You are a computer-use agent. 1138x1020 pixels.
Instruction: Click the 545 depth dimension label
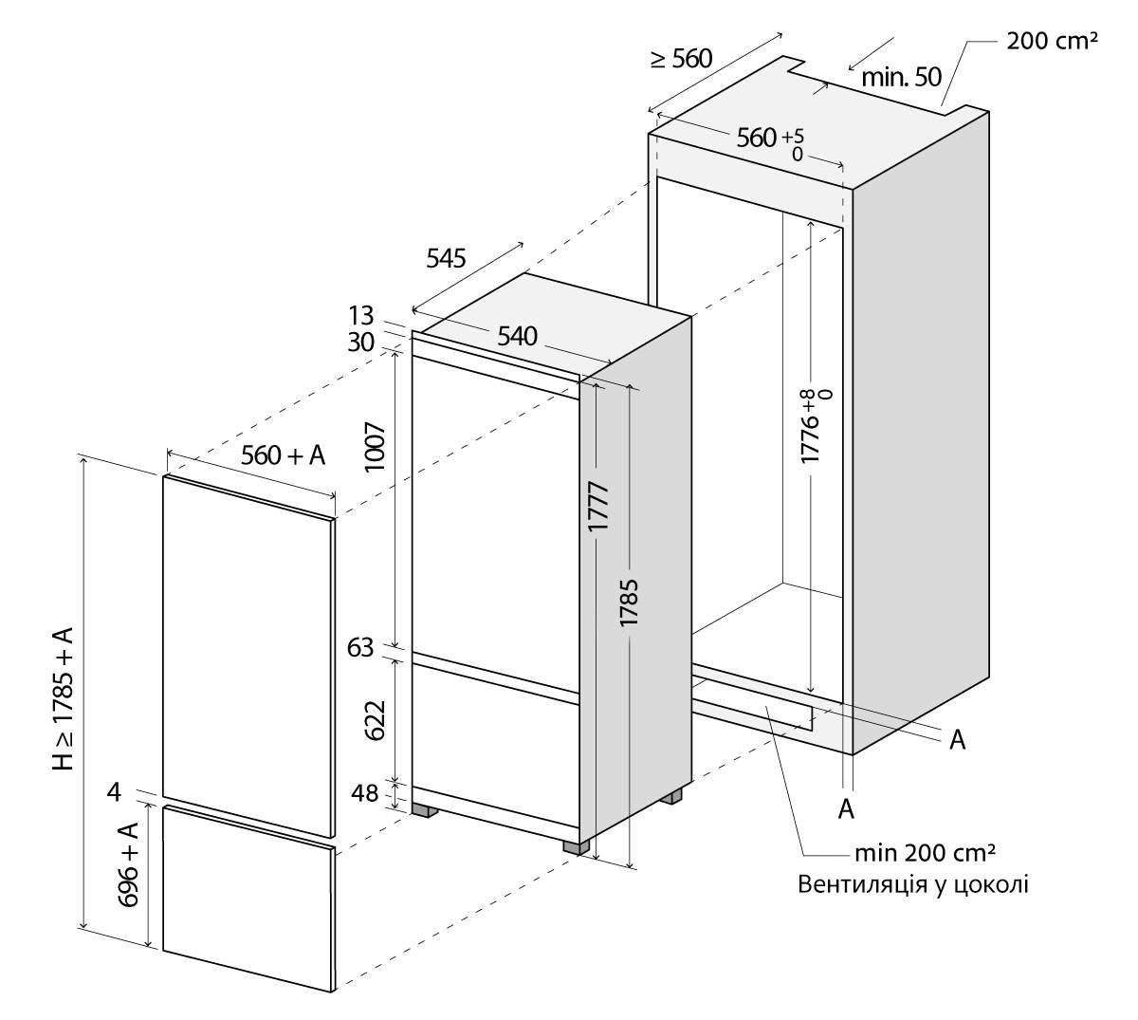(446, 257)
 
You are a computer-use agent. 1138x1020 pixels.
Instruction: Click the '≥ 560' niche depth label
(680, 58)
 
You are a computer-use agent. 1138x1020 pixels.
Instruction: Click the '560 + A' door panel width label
(284, 455)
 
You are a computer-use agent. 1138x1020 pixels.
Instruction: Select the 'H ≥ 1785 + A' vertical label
(64, 697)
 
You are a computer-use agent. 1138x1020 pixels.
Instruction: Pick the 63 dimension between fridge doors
(361, 648)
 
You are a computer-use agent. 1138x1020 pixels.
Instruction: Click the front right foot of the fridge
(572, 845)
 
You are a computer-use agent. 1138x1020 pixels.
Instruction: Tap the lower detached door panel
(248, 897)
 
